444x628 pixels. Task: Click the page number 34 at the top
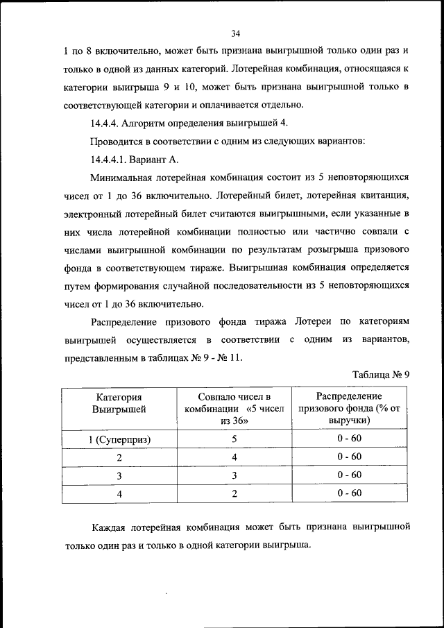(x=235, y=33)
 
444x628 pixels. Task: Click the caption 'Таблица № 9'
(x=382, y=375)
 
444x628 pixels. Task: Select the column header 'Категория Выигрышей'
(x=119, y=403)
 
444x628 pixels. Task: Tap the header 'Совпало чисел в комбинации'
(x=234, y=408)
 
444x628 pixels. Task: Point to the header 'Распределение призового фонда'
(x=349, y=408)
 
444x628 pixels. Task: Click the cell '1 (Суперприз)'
(x=119, y=439)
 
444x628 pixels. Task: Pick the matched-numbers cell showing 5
(x=234, y=439)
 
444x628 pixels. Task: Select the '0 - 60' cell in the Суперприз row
(x=349, y=439)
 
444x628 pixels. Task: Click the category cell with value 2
(x=119, y=458)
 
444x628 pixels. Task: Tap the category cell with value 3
(x=119, y=476)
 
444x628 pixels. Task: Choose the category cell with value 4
(x=119, y=494)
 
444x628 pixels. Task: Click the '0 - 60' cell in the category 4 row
(x=349, y=494)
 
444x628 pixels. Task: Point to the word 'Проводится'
(x=117, y=142)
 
